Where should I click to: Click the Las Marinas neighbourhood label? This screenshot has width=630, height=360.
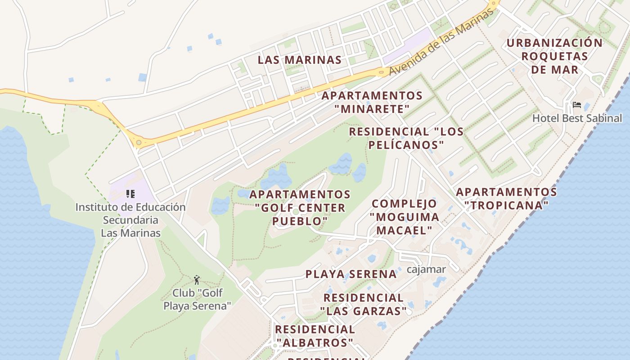pos(299,60)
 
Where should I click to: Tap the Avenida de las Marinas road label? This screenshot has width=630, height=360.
pos(441,43)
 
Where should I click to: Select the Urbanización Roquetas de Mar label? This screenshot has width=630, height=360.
pos(554,56)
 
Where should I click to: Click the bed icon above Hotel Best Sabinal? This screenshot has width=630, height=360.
pos(576,105)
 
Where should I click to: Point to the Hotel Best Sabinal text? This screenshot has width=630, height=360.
pos(577,118)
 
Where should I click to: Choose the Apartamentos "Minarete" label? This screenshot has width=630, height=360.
pos(372,102)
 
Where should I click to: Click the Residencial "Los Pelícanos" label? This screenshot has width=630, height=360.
pos(406,138)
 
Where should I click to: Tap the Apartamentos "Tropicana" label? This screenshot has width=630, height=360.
pos(506,198)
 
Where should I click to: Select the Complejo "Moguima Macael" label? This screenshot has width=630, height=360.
pos(404,217)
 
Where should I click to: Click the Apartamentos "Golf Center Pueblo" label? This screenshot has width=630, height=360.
pos(300,207)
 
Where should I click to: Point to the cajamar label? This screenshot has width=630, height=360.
pos(426,270)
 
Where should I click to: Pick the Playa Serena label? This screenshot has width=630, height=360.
pos(351,274)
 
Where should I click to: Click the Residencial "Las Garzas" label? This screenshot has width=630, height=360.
pos(363,304)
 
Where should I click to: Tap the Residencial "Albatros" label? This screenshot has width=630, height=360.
pos(315,336)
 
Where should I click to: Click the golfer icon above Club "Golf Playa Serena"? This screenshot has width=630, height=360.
pos(197,280)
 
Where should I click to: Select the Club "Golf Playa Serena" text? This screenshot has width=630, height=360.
pos(197,299)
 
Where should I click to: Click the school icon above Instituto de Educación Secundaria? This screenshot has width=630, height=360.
pos(130,194)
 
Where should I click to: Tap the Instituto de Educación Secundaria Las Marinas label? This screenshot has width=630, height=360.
pos(130,220)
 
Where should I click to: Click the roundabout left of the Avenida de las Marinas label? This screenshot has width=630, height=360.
pos(382,71)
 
